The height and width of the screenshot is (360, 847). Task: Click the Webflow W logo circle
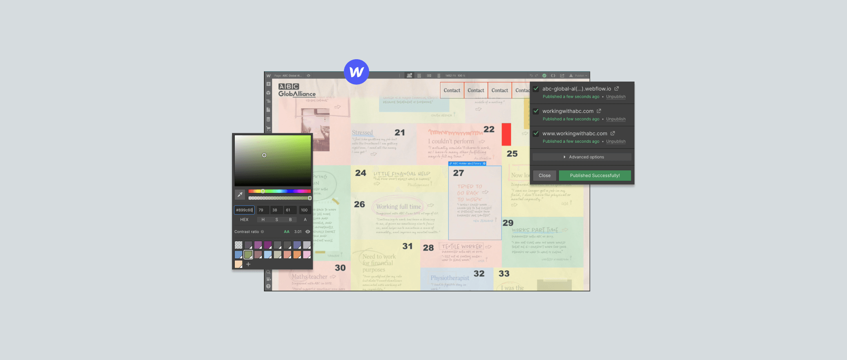pyautogui.click(x=356, y=72)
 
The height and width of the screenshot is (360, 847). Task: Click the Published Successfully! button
pyautogui.click(x=595, y=176)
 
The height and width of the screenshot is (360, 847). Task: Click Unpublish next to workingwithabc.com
pyautogui.click(x=615, y=119)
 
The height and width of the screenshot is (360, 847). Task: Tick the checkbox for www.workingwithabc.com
pyautogui.click(x=536, y=133)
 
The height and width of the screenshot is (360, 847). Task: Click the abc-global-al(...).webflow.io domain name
pyautogui.click(x=576, y=89)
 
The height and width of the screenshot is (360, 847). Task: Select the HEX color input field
pyautogui.click(x=244, y=210)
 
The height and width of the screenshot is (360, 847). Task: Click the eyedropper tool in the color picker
pyautogui.click(x=240, y=194)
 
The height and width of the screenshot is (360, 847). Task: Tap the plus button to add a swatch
pyautogui.click(x=248, y=264)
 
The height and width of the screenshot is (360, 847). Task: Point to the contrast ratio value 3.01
pyautogui.click(x=298, y=232)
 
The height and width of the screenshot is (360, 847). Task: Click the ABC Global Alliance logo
pyautogui.click(x=297, y=90)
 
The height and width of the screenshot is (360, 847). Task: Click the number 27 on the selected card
pyautogui.click(x=459, y=173)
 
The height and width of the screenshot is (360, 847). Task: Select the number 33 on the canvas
pyautogui.click(x=504, y=273)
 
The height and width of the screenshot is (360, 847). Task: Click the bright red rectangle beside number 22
pyautogui.click(x=506, y=135)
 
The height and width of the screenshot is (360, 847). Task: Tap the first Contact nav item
pyautogui.click(x=452, y=90)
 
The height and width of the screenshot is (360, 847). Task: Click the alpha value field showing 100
pyautogui.click(x=305, y=210)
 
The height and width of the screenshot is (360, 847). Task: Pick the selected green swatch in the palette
pyautogui.click(x=248, y=255)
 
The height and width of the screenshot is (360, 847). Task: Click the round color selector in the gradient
pyautogui.click(x=264, y=155)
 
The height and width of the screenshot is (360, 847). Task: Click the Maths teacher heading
pyautogui.click(x=309, y=277)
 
